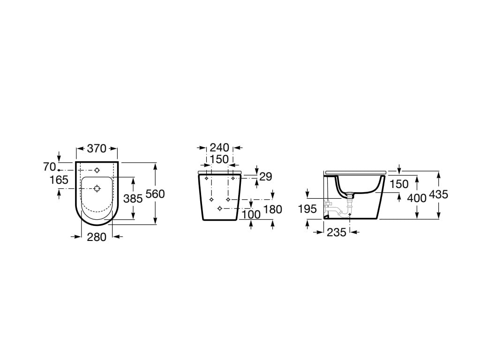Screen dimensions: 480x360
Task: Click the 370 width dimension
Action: [97, 149]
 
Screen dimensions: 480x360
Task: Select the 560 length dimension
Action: [155, 194]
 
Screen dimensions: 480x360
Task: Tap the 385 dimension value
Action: [133, 199]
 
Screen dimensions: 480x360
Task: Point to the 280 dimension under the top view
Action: [97, 237]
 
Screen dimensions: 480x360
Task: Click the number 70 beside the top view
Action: [50, 167]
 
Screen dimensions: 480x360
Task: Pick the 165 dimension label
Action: [59, 180]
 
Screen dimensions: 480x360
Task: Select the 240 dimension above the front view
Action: [219, 148]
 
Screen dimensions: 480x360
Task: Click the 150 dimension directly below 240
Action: [219, 159]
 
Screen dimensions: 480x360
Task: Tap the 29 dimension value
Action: [266, 177]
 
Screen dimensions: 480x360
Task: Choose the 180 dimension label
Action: [273, 210]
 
